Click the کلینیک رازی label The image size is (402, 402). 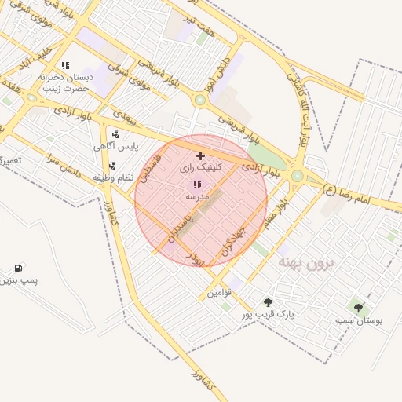[x=201, y=168]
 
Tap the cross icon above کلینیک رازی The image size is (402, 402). [x=201, y=156]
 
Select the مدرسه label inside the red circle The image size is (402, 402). [x=196, y=196]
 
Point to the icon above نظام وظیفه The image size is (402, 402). [x=113, y=166]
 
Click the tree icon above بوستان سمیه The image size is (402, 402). [x=359, y=309]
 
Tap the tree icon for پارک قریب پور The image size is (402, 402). [x=269, y=302]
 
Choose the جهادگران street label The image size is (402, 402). [x=236, y=239]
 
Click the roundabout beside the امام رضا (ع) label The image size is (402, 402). [x=297, y=176]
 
